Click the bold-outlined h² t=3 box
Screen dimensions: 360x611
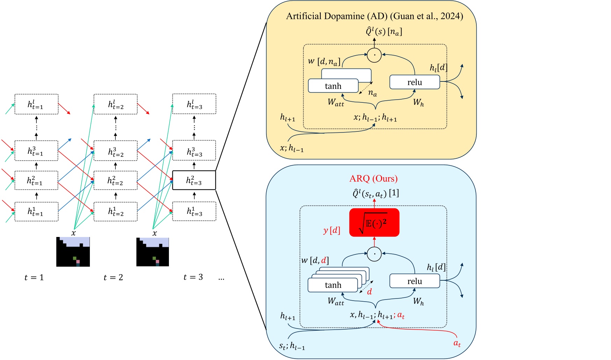point(194,180)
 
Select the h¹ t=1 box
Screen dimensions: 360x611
point(36,211)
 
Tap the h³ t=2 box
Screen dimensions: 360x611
point(115,151)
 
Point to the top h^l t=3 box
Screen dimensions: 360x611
point(194,104)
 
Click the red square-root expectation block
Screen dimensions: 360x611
point(374,223)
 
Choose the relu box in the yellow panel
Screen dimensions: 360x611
point(414,82)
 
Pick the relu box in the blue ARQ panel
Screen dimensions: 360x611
point(414,281)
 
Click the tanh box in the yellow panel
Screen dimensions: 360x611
point(333,86)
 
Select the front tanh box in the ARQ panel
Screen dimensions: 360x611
point(333,285)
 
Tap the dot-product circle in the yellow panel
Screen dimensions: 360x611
point(374,55)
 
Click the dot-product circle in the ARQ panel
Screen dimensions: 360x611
point(374,254)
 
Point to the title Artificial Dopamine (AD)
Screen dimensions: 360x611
point(374,16)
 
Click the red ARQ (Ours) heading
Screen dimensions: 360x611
point(373,179)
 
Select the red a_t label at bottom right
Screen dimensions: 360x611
point(457,343)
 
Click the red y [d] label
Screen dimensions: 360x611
point(331,230)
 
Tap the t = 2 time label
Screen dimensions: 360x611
point(113,278)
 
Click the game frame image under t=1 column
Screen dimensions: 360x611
point(73,252)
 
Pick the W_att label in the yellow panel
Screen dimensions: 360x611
point(336,102)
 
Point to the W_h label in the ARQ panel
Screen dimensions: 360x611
point(418,301)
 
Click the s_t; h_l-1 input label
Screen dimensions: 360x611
point(292,346)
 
